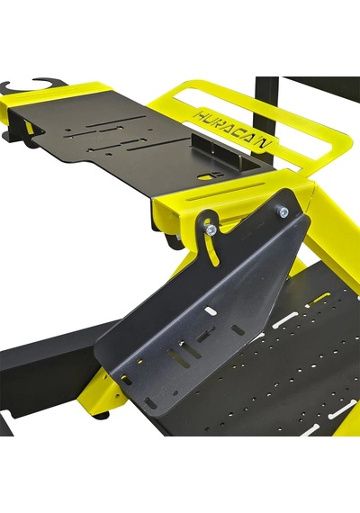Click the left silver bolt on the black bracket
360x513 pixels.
pos(211,230)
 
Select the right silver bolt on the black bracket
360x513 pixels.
pos(283,212)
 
